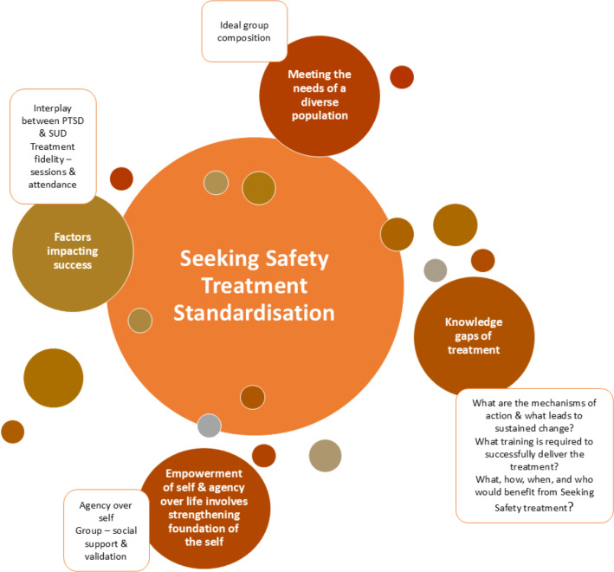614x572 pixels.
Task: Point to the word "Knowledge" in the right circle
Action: click(474, 322)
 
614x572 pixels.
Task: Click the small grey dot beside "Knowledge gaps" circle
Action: click(435, 270)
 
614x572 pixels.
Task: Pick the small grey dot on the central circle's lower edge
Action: click(209, 426)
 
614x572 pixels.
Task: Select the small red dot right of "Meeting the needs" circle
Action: click(401, 76)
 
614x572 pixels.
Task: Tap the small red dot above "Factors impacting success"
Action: click(121, 179)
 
